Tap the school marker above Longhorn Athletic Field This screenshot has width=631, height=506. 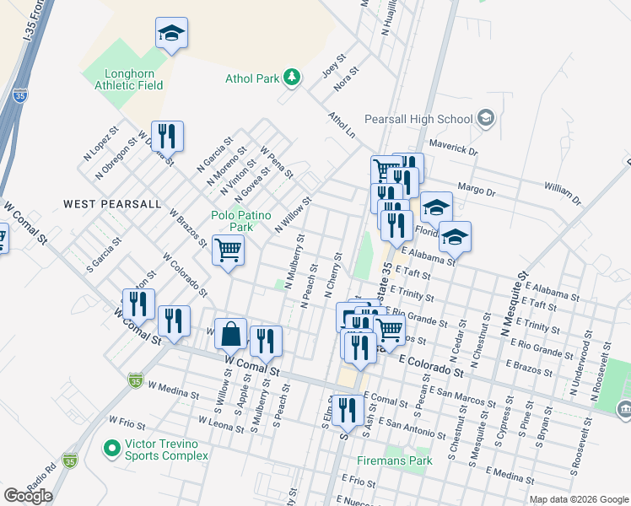(171, 35)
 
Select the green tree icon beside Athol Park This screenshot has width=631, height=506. (292, 78)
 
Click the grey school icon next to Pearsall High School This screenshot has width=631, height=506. (485, 118)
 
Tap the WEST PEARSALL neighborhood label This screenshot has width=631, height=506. (111, 204)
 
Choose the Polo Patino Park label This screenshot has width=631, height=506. (241, 222)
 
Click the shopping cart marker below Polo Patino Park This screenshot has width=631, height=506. (228, 250)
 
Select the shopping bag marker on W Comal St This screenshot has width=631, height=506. (230, 336)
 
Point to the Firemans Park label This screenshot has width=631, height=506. (394, 460)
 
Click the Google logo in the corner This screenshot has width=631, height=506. (28, 496)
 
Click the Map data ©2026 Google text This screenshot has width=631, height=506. (578, 499)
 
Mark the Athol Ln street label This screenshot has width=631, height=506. (341, 126)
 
